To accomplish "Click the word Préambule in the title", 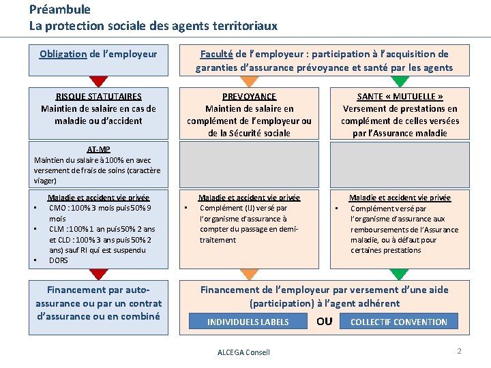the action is click(60, 10).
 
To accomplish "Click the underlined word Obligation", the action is click(63, 54).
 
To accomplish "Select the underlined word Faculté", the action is click(216, 54).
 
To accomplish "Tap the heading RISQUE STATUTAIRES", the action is click(98, 96).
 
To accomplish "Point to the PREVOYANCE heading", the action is click(249, 97).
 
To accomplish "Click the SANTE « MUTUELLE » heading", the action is click(400, 97).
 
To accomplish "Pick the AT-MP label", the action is click(98, 149).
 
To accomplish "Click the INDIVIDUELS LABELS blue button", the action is click(248, 322).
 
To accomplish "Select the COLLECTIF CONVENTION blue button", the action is click(398, 322).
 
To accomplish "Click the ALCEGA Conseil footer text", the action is click(243, 352).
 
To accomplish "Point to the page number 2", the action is click(459, 351).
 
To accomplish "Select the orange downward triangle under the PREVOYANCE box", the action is click(250, 274).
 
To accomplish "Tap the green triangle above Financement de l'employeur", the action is click(400, 274).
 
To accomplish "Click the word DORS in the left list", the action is click(59, 260).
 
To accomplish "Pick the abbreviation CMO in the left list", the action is click(57, 208).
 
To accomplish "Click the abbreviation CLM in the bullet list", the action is click(57, 229).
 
